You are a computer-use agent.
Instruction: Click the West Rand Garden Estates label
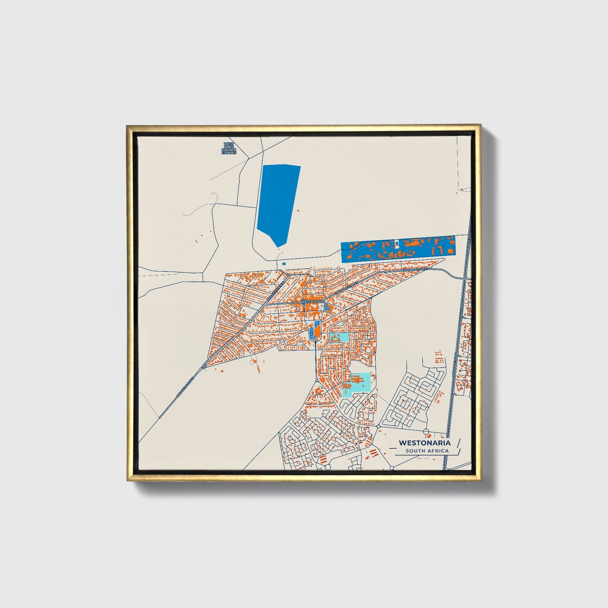pos(229,148)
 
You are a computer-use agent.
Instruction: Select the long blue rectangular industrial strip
pos(398,249)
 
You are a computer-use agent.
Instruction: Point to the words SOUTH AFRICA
pos(427,451)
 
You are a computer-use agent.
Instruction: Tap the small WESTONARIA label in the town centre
pos(312,302)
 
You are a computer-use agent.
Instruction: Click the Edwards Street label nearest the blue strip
pos(416,268)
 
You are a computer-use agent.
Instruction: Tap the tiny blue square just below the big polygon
pos(284,264)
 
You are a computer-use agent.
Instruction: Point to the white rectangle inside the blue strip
pos(397,243)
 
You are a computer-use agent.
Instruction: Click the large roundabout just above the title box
pos(426,432)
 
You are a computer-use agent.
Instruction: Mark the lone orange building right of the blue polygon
pos(298,210)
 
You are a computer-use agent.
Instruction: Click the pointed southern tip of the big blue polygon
pos(278,247)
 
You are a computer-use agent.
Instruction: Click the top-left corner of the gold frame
pos(127,125)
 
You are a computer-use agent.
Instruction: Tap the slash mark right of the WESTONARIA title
pos(458,443)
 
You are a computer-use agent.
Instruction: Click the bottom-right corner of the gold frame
pos(480,480)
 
